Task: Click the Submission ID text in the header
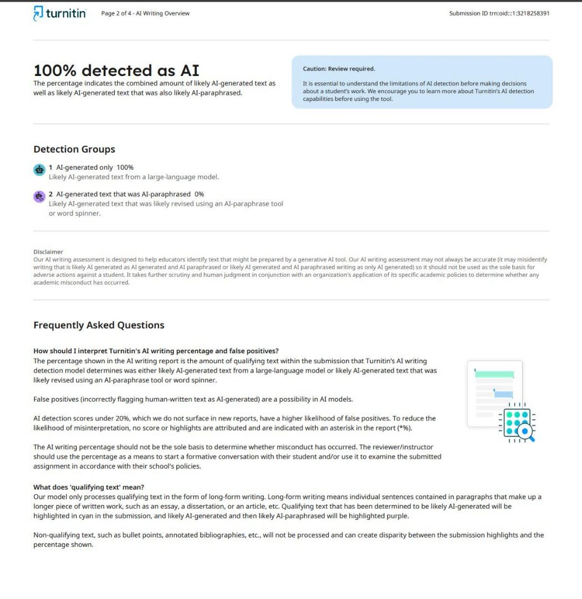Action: pos(499,13)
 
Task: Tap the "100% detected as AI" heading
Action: pos(116,71)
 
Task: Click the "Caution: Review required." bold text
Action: pos(339,69)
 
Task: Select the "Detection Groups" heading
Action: pos(74,149)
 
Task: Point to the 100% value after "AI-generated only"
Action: pos(125,167)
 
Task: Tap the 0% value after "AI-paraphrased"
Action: pos(199,194)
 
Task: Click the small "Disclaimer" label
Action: pos(48,252)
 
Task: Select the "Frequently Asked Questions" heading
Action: pos(99,325)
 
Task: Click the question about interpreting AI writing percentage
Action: pos(156,351)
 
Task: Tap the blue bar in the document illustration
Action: pos(503,394)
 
